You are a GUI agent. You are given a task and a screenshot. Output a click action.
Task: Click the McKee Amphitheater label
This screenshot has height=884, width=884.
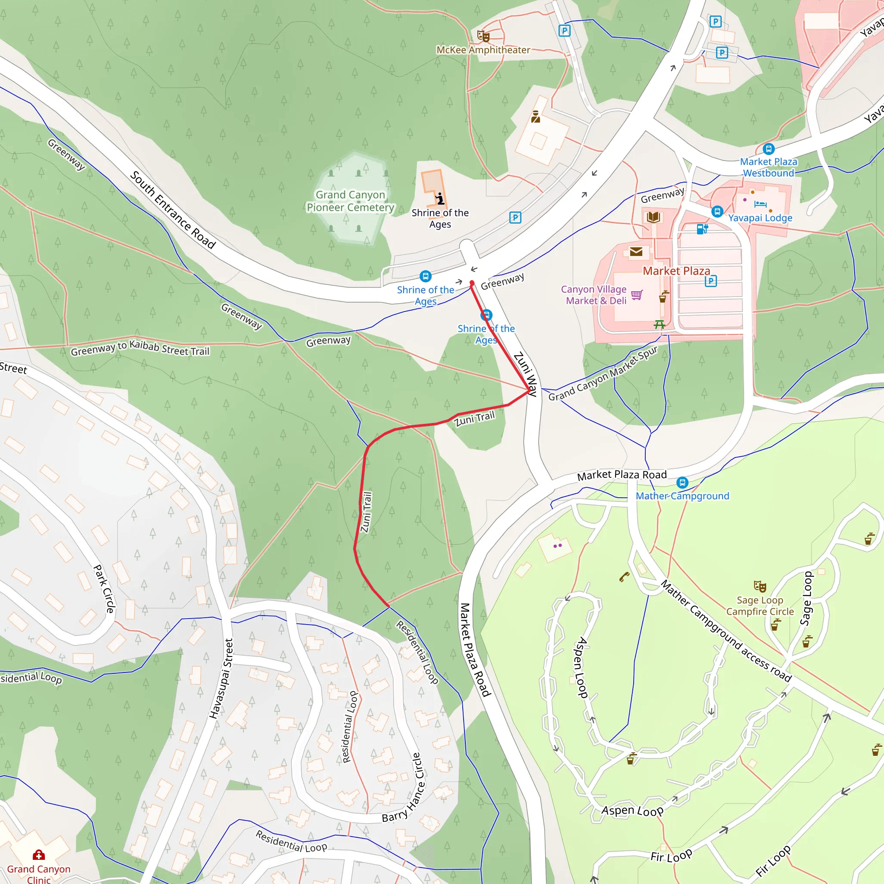[483, 50]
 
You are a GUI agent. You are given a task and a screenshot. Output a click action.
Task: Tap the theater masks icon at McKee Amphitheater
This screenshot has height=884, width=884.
[483, 36]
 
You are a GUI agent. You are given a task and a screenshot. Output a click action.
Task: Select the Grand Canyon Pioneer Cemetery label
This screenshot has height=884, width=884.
[350, 201]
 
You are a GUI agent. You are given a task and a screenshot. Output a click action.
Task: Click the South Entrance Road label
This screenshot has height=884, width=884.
[173, 209]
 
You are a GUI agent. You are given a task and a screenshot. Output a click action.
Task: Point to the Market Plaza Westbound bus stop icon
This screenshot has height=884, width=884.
[768, 149]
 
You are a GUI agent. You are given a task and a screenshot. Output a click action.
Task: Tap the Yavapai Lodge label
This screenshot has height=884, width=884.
[760, 218]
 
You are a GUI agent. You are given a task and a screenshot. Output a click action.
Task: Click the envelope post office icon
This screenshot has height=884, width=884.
[636, 251]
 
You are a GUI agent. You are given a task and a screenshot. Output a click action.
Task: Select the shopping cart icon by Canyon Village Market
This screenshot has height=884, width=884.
[637, 295]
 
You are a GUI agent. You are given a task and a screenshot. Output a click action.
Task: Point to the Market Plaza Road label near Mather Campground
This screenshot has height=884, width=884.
[622, 475]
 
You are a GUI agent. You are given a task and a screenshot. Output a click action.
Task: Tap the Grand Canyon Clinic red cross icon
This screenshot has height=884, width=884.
[39, 855]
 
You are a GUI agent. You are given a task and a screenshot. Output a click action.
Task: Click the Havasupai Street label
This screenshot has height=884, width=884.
[221, 679]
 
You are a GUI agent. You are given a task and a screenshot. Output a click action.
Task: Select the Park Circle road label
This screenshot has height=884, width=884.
[104, 588]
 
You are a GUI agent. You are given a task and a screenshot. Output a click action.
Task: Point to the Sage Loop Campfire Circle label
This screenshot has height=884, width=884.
[760, 606]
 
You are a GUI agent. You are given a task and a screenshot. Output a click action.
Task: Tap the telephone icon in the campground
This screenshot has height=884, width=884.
[624, 577]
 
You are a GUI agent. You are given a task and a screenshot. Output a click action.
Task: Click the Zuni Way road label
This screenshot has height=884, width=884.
[525, 374]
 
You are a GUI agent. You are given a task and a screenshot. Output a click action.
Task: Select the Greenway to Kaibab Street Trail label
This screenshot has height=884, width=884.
[140, 348]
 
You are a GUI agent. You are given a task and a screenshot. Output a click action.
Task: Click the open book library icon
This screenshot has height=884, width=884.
[654, 217]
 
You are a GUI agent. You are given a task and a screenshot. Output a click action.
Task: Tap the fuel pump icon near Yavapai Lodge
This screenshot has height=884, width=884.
[702, 229]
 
